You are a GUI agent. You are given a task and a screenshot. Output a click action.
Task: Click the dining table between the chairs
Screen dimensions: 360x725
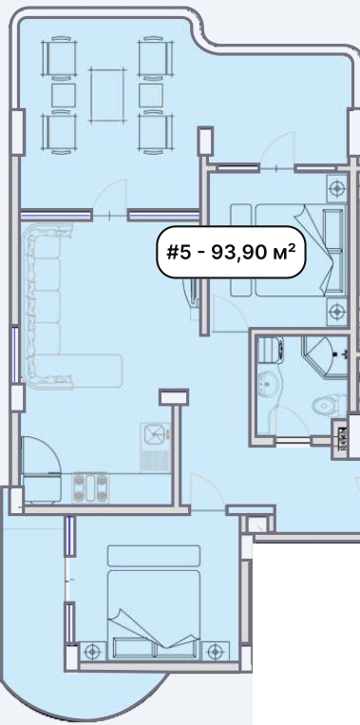[107, 95]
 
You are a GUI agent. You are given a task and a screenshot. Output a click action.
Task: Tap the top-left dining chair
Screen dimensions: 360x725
[59, 57]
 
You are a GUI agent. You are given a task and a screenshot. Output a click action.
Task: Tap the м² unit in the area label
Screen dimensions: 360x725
[284, 252]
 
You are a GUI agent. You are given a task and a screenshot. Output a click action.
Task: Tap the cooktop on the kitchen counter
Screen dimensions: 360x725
[90, 487]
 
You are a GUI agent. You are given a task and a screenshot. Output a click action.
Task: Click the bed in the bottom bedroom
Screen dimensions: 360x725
[154, 601]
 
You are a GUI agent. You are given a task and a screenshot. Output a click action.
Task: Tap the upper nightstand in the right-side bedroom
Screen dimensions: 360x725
[336, 187]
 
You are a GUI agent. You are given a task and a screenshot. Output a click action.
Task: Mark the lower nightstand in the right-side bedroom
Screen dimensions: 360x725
[336, 311]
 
